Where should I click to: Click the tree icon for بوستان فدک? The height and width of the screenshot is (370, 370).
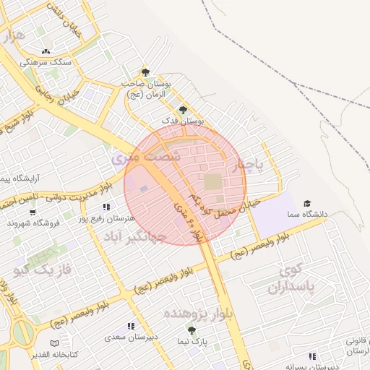[181, 110]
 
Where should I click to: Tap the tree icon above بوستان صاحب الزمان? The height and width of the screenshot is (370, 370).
[146, 72]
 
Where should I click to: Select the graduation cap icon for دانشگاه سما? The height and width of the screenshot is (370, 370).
[308, 205]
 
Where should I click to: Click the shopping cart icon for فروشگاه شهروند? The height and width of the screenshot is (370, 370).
[33, 212]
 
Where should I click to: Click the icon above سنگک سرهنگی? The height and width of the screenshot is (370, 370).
[46, 52]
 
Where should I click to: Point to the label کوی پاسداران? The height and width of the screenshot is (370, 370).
[297, 280]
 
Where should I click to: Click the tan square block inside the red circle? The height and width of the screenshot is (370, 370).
[214, 181]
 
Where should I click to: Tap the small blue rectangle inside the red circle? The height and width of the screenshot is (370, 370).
[143, 189]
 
